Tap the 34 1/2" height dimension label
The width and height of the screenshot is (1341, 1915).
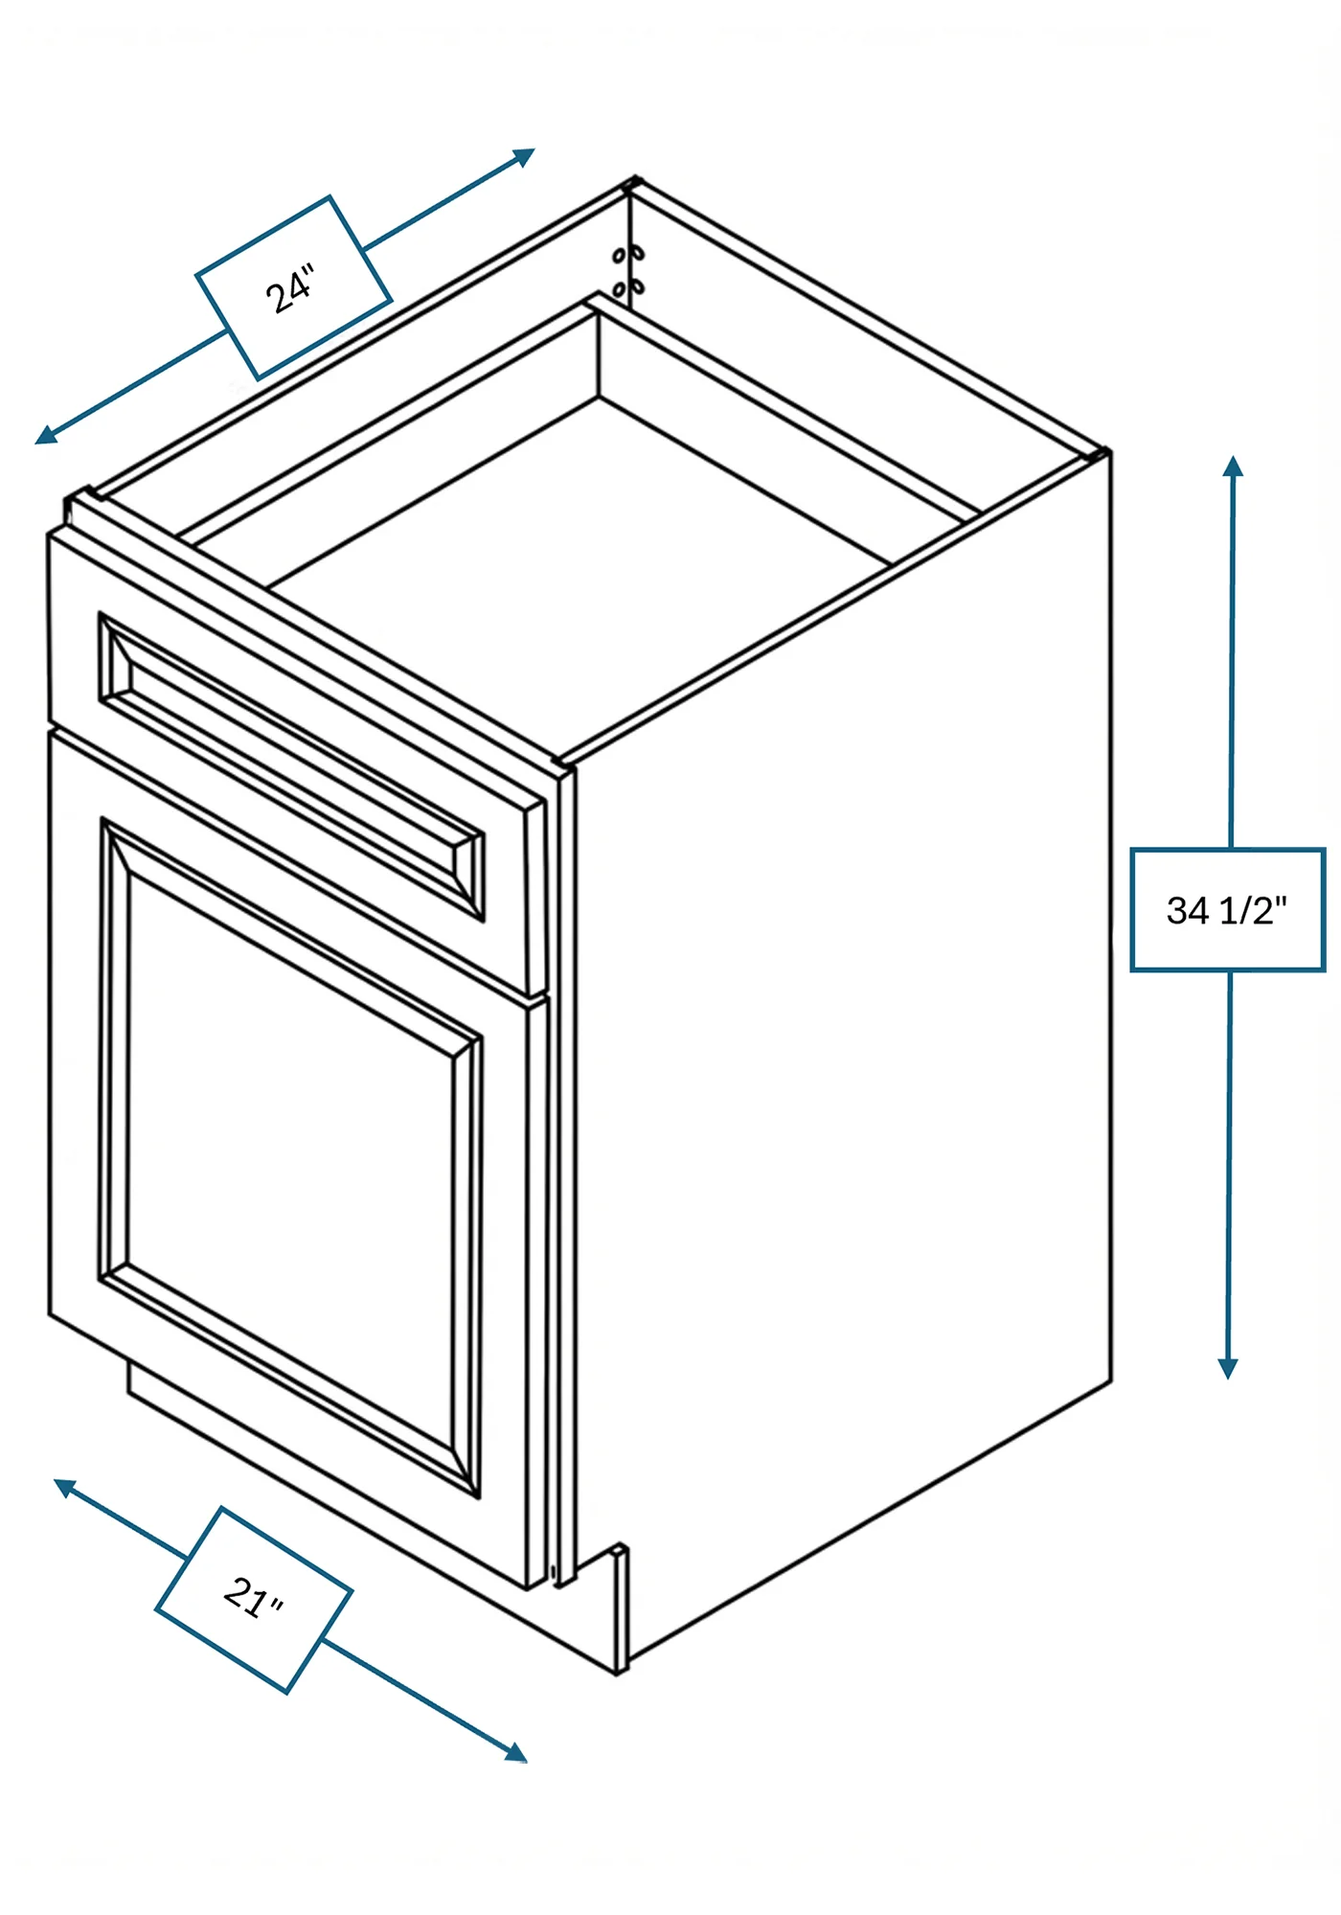[1227, 909]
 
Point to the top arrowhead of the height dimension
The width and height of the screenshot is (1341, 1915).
[1234, 467]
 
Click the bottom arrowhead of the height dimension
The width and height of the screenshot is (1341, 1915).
[1228, 1368]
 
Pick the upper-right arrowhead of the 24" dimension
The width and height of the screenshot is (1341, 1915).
[524, 155]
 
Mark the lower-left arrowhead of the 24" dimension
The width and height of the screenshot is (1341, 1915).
[45, 436]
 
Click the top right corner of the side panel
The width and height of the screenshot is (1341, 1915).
[1108, 452]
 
